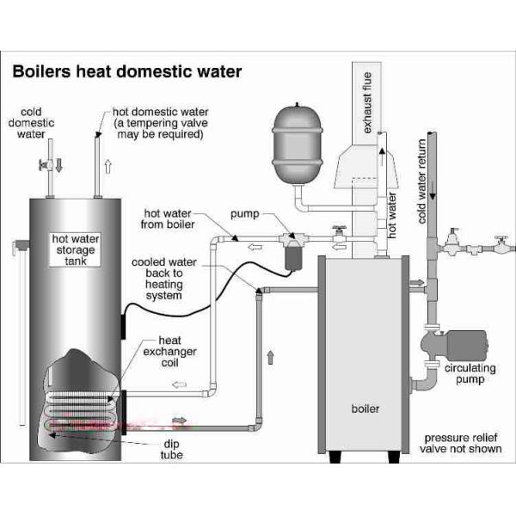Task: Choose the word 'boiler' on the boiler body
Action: [x=365, y=408]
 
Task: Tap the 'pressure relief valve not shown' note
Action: [x=460, y=442]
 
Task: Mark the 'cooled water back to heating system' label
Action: [x=159, y=278]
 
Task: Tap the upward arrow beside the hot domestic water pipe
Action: [x=106, y=167]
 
